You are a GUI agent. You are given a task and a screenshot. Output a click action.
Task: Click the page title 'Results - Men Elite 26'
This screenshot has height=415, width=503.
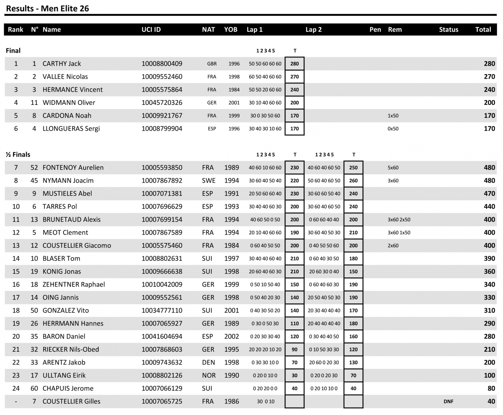click(x=47, y=9)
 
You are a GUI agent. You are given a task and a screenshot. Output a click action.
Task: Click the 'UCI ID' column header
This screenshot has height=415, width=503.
click(x=151, y=30)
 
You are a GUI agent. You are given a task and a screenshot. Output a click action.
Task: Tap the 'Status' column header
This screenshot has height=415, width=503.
click(x=448, y=30)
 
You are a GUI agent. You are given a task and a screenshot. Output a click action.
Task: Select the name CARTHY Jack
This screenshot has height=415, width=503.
click(x=62, y=64)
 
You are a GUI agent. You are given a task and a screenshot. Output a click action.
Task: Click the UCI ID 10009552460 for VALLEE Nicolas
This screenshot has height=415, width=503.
click(x=162, y=77)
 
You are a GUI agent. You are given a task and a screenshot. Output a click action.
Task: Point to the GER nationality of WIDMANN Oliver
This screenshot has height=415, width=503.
click(x=212, y=103)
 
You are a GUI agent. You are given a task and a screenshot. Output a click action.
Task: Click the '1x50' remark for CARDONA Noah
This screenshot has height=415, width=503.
click(x=393, y=116)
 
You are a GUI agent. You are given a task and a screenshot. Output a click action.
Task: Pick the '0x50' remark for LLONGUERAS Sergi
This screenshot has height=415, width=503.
click(x=393, y=128)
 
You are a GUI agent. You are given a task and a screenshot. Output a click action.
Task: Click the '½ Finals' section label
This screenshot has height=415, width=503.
click(x=18, y=155)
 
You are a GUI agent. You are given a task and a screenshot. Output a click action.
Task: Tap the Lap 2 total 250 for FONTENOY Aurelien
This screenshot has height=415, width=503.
click(x=353, y=168)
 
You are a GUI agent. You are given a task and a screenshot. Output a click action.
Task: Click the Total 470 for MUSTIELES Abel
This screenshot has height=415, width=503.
click(x=489, y=194)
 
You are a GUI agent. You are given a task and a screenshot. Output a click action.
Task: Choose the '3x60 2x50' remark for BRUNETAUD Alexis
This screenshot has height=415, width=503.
click(x=399, y=219)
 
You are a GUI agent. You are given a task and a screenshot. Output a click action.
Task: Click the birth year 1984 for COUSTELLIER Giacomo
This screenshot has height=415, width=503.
click(x=231, y=246)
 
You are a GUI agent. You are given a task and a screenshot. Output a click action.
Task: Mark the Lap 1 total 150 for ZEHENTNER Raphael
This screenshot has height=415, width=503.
click(x=294, y=284)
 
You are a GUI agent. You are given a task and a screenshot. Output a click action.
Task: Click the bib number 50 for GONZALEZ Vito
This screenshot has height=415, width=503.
click(x=34, y=310)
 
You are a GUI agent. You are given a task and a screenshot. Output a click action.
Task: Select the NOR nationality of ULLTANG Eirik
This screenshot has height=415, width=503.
click(x=209, y=375)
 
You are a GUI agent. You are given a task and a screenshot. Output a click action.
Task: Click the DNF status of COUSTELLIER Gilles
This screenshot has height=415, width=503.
click(x=448, y=401)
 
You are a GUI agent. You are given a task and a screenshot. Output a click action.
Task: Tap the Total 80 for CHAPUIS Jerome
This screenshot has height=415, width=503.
click(x=491, y=388)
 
